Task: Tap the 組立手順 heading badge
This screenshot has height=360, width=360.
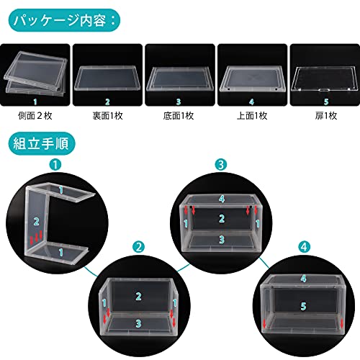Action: (42, 143)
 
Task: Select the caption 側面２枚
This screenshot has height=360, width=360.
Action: (35, 116)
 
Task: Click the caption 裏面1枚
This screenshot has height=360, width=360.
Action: (108, 116)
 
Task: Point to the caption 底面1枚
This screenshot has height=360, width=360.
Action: (179, 116)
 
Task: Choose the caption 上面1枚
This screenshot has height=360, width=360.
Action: (252, 116)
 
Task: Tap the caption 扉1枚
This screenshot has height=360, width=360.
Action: (326, 116)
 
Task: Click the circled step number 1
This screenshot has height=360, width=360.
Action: (55, 165)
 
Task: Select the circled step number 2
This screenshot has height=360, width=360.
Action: (138, 247)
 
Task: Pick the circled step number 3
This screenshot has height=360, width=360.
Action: (221, 165)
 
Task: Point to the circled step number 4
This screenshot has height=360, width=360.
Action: (304, 247)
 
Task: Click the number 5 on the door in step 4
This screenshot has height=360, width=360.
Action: (304, 306)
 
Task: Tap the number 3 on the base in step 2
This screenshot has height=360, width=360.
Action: (138, 324)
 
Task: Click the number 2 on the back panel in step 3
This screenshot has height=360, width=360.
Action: (222, 219)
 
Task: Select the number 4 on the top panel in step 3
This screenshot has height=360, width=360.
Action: (222, 199)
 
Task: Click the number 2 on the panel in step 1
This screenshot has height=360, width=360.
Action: (37, 221)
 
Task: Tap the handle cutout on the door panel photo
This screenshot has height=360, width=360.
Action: (325, 90)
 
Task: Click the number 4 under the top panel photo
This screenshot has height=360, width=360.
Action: (251, 102)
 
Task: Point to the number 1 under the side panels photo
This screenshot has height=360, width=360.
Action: (35, 102)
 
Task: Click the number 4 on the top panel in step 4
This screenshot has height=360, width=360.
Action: (304, 279)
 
